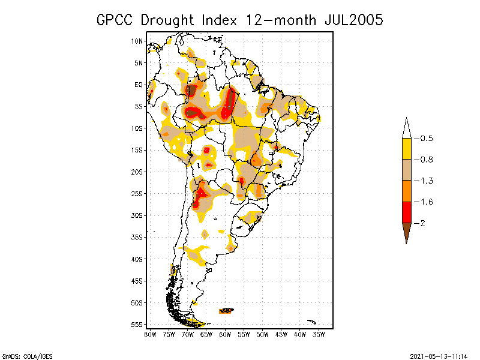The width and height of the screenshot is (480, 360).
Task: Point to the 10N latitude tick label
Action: pyautogui.click(x=137, y=41)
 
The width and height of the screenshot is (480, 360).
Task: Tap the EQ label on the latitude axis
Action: pyautogui.click(x=139, y=85)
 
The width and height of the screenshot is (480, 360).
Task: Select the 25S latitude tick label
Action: pyautogui.click(x=137, y=194)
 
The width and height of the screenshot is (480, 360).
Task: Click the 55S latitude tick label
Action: pyautogui.click(x=137, y=325)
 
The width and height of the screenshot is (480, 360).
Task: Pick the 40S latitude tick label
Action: pyautogui.click(x=137, y=259)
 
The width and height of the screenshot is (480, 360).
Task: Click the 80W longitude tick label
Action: pyautogui.click(x=150, y=334)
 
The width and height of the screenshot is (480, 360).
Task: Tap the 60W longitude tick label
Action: pyautogui.click(x=225, y=334)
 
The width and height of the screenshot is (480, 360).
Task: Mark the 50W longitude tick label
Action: pyautogui.click(x=262, y=334)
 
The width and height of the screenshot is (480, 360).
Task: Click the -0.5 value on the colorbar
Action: pyautogui.click(x=424, y=139)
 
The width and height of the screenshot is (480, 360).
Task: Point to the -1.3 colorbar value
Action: pyautogui.click(x=424, y=181)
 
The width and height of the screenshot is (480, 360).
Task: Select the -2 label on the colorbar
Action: pyautogui.click(x=422, y=223)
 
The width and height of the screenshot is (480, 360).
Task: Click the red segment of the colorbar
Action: pyautogui.click(x=406, y=212)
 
